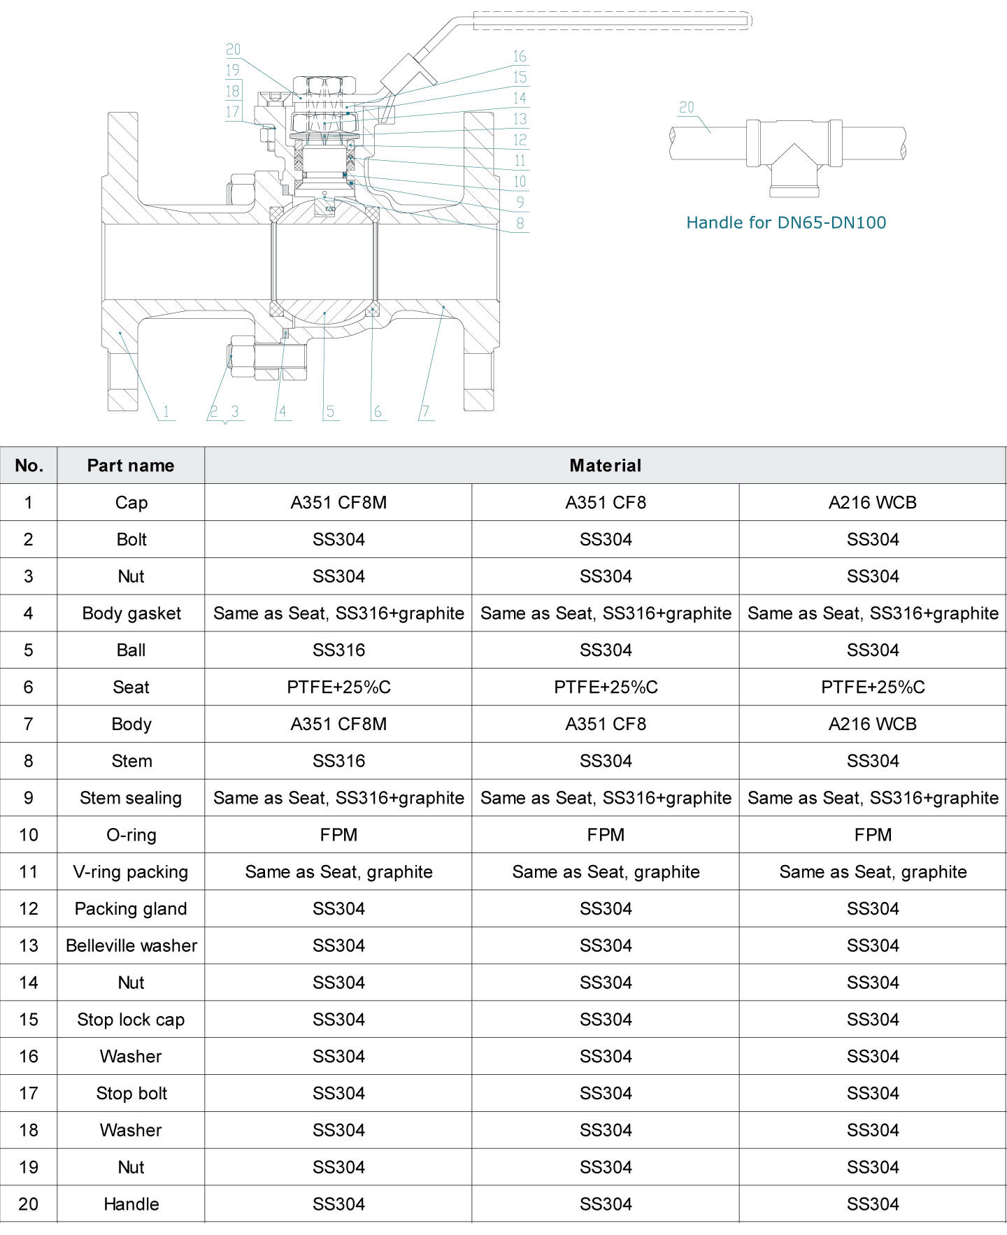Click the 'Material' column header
(x=605, y=466)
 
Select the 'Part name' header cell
(x=131, y=466)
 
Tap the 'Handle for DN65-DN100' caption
(x=786, y=222)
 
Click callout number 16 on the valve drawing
(x=520, y=57)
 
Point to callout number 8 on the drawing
(x=520, y=224)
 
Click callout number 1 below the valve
(x=166, y=412)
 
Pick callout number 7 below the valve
(x=425, y=412)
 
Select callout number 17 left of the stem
(x=233, y=112)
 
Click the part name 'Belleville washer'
(x=131, y=945)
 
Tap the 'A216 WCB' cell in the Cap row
(x=872, y=503)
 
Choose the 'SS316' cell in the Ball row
(x=338, y=650)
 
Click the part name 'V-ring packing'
(x=131, y=872)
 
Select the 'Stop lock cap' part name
(x=131, y=1020)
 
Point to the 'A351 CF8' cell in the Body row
(x=606, y=724)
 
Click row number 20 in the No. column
(x=29, y=1204)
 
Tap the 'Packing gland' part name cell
(x=131, y=909)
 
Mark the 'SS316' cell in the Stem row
(x=338, y=761)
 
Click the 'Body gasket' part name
(x=131, y=613)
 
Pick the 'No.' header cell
(x=29, y=466)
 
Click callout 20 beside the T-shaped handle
(x=687, y=108)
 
